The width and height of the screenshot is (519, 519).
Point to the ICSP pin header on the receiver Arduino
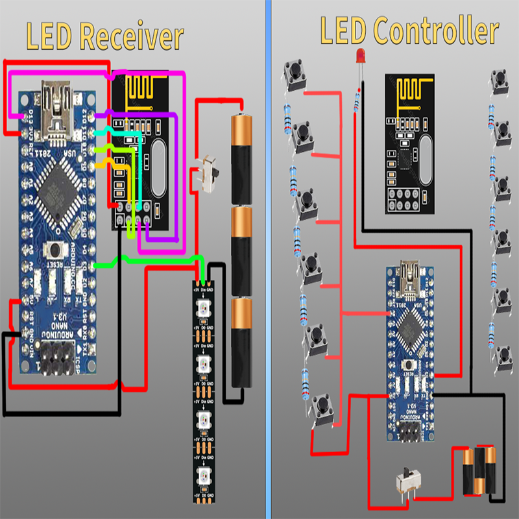pos(56,361)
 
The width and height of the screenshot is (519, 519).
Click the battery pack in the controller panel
pos(479,471)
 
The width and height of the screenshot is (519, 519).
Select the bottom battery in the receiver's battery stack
pos(239,343)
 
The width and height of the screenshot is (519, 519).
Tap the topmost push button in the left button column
pos(293,77)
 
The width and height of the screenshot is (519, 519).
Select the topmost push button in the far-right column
pos(500,82)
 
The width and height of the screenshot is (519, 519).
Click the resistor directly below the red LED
pos(356,101)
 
